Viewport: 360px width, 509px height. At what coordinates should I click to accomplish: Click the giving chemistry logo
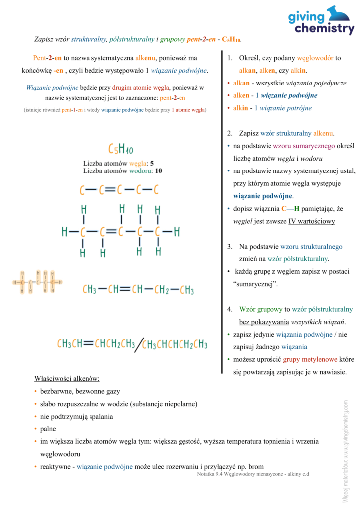[321, 21]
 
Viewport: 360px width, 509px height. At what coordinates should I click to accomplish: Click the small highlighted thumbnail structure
[38, 283]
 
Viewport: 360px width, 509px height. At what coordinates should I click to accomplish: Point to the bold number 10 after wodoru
[159, 170]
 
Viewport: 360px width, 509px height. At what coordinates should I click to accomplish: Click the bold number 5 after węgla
[152, 163]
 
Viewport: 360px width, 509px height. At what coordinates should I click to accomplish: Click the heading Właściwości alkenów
[67, 379]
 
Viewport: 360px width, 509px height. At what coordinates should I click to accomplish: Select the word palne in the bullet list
[48, 428]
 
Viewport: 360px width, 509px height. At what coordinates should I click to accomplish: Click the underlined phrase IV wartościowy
[311, 221]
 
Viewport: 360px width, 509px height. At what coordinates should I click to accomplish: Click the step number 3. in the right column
[230, 246]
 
